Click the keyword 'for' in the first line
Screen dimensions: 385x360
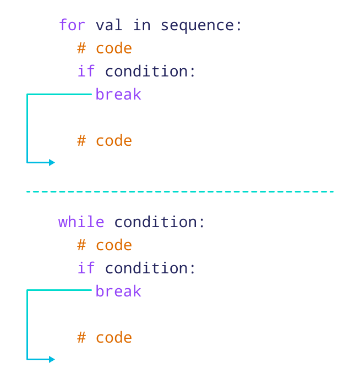pos(72,25)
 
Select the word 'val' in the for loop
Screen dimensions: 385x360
pos(109,25)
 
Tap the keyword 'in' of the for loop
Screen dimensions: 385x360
pos(141,25)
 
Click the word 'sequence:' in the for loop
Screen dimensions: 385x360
pos(201,25)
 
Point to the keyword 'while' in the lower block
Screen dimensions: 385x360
pos(81,222)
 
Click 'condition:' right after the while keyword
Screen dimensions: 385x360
pos(160,222)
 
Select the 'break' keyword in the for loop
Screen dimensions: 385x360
pos(118,95)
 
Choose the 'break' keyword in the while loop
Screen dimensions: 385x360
pos(118,291)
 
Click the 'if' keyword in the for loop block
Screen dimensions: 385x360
pos(86,71)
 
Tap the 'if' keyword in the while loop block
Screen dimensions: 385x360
pos(86,268)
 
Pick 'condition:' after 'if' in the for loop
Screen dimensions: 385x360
pos(150,71)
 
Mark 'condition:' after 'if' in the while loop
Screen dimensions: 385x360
pos(150,268)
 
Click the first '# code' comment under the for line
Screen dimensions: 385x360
pos(105,48)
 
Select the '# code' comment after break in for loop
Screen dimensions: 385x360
pos(105,141)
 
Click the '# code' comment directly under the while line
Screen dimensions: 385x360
pos(105,245)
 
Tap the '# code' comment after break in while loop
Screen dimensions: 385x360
pos(105,338)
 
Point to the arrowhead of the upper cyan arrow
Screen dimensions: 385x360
pos(52,162)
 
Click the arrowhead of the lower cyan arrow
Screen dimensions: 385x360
pos(52,359)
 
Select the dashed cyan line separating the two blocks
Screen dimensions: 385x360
pos(180,191)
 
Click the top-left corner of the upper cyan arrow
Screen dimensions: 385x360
pos(28,95)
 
